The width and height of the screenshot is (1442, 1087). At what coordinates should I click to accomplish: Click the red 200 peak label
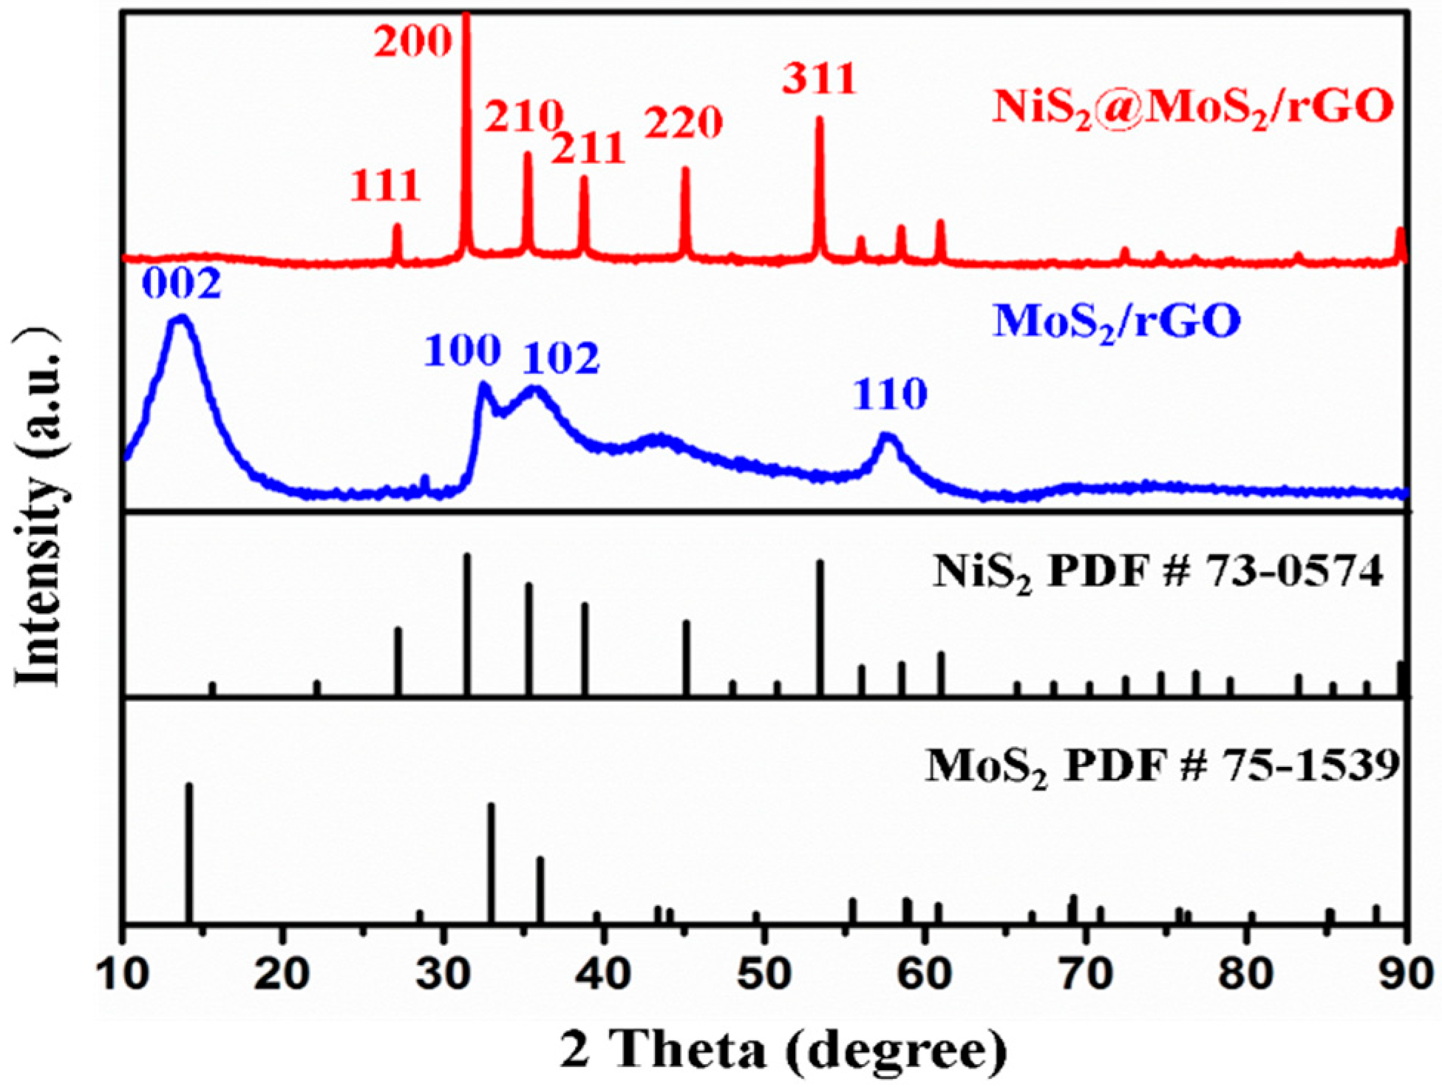click(x=412, y=42)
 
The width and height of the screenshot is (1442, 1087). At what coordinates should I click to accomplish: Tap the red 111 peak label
click(x=385, y=185)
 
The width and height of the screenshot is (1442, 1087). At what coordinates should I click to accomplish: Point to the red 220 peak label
click(x=684, y=123)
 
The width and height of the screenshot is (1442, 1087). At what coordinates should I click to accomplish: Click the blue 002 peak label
click(x=181, y=284)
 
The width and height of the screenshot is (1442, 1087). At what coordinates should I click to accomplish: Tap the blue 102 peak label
click(x=562, y=359)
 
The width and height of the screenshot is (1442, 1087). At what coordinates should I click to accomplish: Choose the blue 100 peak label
click(x=463, y=350)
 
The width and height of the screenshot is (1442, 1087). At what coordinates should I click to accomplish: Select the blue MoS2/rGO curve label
click(x=1116, y=323)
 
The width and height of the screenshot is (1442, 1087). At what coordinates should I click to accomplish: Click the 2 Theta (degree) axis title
click(x=783, y=1050)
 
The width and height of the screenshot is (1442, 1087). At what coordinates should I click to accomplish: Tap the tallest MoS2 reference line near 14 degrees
click(x=188, y=850)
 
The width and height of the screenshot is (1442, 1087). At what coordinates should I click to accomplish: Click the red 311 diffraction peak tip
click(x=819, y=119)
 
